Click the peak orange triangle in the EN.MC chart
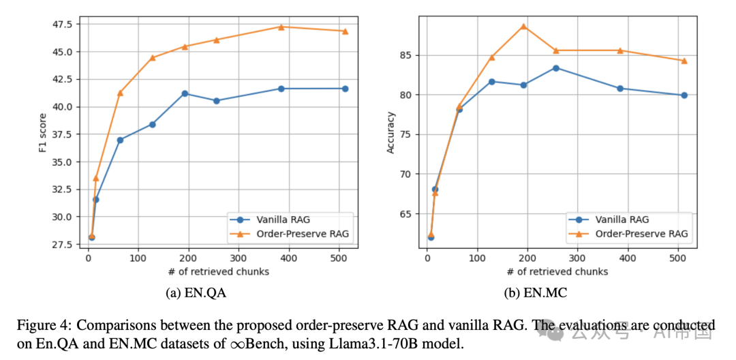523,27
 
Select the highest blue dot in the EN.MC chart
555,68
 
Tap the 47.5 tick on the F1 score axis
61,25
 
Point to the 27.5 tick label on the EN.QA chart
61,245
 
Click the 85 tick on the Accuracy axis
404,55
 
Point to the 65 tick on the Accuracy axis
404,214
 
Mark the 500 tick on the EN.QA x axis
339,258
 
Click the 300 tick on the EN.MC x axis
577,258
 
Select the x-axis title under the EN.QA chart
218,271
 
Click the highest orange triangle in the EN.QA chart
281,27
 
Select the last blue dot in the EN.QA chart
345,89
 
